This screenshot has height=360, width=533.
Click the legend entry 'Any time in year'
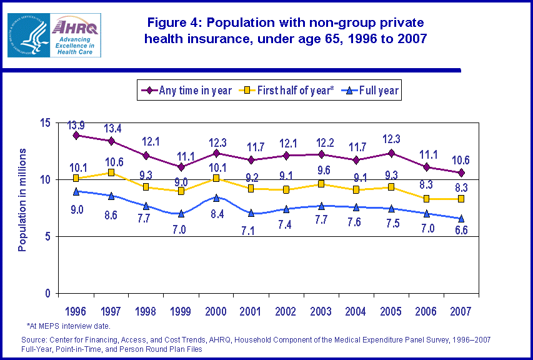coord(187,91)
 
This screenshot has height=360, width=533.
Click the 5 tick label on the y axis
coord(47,237)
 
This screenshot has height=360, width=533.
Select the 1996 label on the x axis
coord(76,311)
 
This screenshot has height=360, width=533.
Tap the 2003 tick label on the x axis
coord(321,311)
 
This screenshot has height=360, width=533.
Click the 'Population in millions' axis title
coord(22,200)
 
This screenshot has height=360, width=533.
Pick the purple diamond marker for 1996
coord(76,135)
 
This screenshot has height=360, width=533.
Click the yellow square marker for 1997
coord(111,172)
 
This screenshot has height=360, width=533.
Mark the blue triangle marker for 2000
coord(216,197)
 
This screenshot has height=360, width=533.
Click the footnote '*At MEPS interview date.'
coord(69,326)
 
